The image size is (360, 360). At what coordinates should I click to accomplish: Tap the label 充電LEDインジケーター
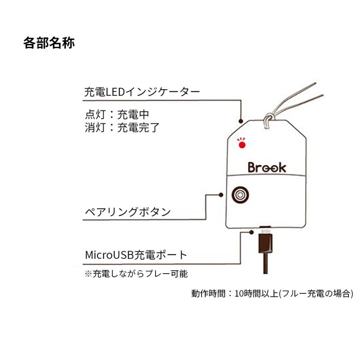(x=142, y=92)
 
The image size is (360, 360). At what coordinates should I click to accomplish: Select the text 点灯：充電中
(x=117, y=115)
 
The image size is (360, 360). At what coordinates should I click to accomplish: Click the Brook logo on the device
(x=267, y=167)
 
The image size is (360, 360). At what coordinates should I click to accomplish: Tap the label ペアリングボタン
(x=128, y=212)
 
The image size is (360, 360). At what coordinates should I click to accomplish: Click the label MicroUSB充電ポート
(x=136, y=254)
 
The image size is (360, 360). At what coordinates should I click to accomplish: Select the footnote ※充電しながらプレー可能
(x=136, y=274)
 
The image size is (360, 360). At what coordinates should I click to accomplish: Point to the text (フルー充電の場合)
(x=316, y=294)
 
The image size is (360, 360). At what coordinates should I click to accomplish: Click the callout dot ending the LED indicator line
(x=241, y=120)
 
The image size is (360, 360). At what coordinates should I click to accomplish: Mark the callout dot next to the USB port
(x=252, y=231)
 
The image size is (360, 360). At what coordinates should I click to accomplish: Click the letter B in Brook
(x=252, y=167)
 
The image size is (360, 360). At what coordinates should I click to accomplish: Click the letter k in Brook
(x=282, y=167)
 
